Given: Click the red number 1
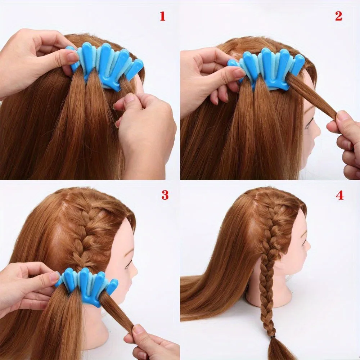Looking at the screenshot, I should click(x=163, y=16).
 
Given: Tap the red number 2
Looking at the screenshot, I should click(x=338, y=16).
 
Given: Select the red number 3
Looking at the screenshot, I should click(x=165, y=195).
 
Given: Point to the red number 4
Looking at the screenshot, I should click(x=339, y=195).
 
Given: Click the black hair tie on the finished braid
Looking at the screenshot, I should click(x=274, y=337).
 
